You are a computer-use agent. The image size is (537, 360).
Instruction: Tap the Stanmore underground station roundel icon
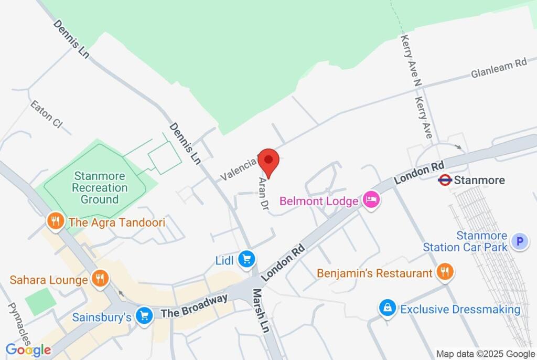(x=445, y=181)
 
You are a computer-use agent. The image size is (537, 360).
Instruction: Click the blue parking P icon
(x=520, y=241)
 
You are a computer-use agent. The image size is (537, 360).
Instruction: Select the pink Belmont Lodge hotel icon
(x=371, y=200)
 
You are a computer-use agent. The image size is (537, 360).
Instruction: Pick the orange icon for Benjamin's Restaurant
(x=445, y=272)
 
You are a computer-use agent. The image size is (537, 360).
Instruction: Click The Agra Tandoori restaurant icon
(x=55, y=222)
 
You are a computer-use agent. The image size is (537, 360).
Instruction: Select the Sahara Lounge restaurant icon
(x=100, y=279)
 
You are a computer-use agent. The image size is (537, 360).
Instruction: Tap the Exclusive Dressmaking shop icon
(x=387, y=309)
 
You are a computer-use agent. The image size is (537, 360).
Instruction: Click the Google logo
(x=28, y=350)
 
